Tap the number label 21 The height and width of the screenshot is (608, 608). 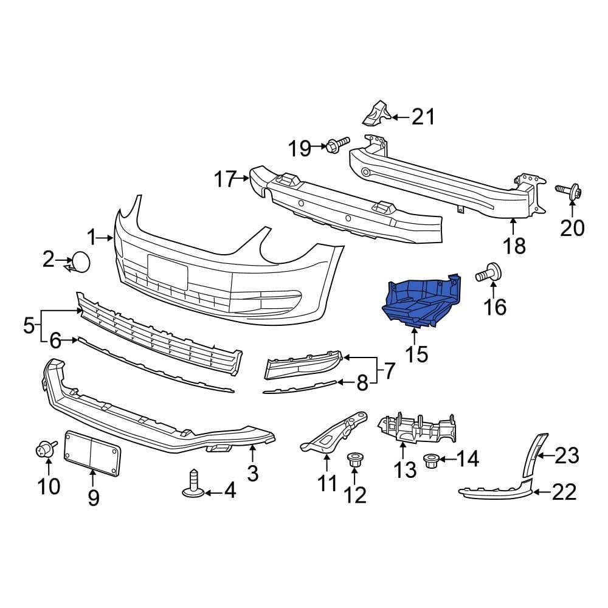423,116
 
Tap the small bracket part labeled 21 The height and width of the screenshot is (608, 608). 376,113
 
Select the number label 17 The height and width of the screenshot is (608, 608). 224,179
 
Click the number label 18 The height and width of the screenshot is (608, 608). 514,245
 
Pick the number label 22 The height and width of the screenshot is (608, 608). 563,492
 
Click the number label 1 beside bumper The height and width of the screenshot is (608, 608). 92,237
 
